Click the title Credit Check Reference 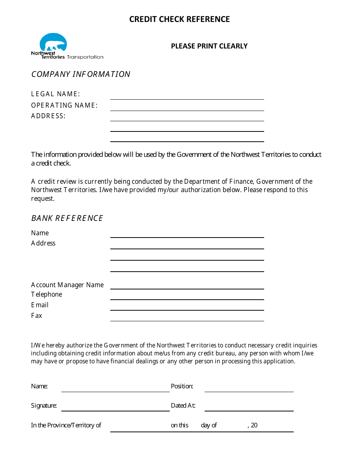(179, 19)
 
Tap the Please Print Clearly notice (209, 46)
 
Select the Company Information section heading (81, 74)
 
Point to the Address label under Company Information (48, 116)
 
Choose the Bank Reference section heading (67, 218)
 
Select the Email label (40, 305)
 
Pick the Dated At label (183, 406)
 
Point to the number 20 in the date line (254, 425)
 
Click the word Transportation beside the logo (85, 57)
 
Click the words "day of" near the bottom (209, 425)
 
